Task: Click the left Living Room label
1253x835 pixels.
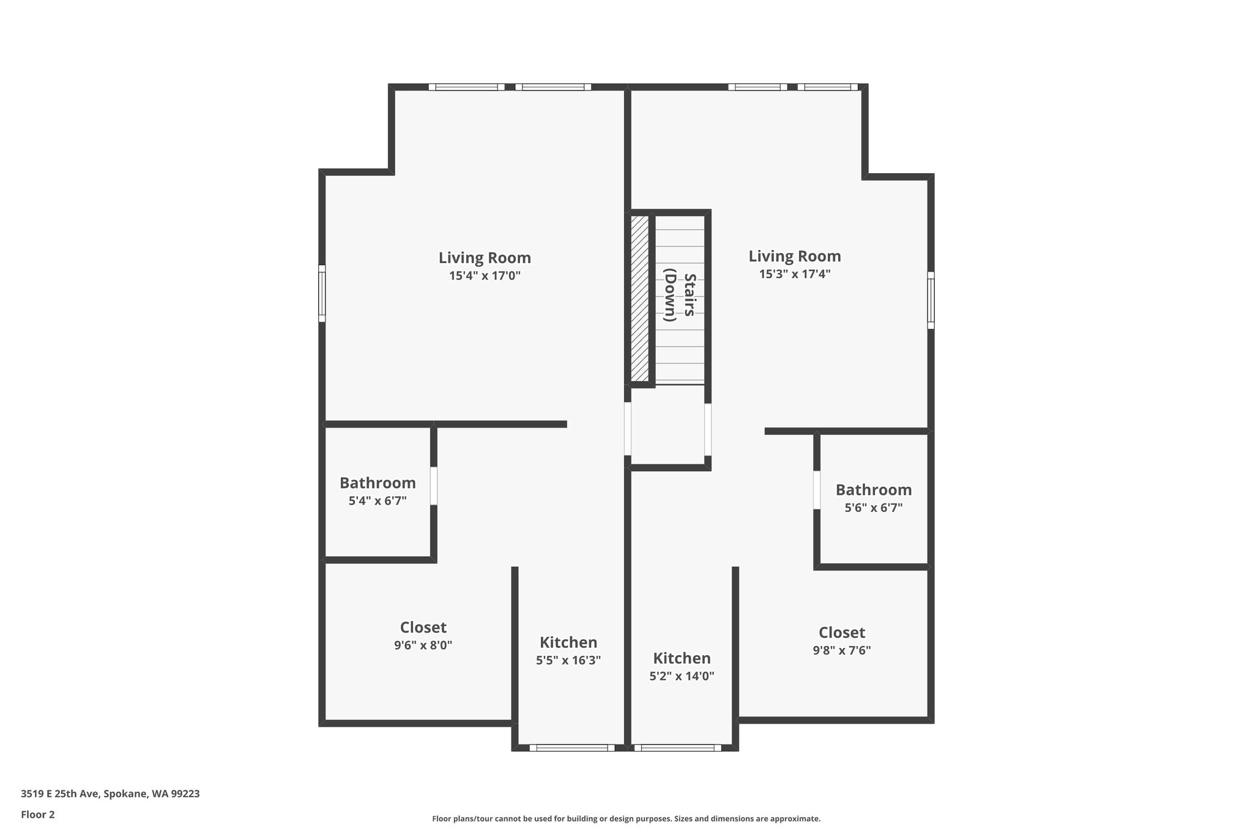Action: tap(485, 258)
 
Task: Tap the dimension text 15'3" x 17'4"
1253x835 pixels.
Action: tap(795, 274)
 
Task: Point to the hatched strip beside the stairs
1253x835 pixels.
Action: tap(639, 298)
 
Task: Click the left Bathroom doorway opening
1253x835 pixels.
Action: tap(434, 486)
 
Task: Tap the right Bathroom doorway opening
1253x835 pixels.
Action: tap(817, 490)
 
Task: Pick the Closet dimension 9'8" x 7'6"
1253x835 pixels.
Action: tap(842, 650)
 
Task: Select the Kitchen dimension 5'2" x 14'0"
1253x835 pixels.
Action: tap(682, 676)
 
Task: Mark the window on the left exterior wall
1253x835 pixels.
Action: tap(322, 293)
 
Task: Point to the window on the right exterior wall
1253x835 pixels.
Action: tap(931, 300)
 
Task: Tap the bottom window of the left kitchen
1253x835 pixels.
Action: tap(572, 748)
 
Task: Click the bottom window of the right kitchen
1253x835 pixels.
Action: tap(678, 748)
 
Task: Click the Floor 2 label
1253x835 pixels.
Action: tap(38, 815)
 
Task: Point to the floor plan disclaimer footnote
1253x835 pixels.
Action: tap(626, 818)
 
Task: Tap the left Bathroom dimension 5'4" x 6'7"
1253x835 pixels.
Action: tap(377, 501)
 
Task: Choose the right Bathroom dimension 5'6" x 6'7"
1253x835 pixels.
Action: tap(874, 508)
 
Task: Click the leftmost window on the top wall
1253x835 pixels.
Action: tap(467, 87)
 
